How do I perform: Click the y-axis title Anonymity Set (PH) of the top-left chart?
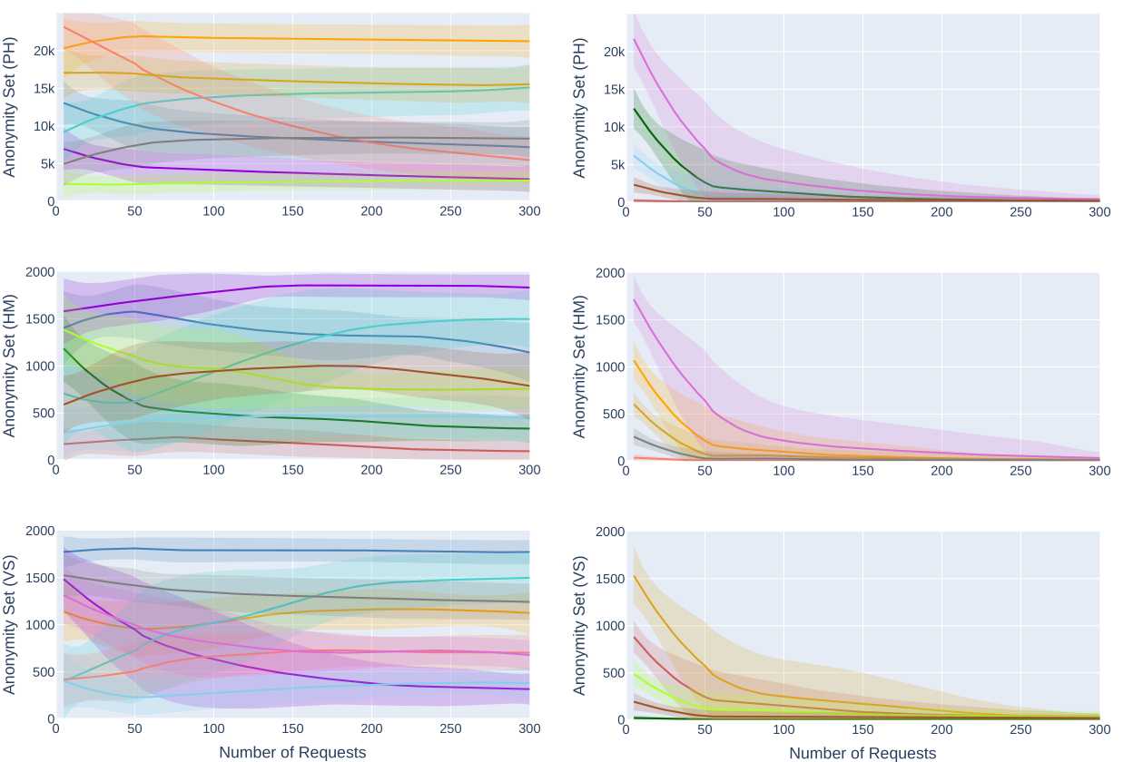click(x=10, y=107)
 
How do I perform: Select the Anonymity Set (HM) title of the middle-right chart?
click(x=580, y=366)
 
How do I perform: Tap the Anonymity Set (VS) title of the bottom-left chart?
click(x=10, y=625)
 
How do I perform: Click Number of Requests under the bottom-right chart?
click(x=862, y=753)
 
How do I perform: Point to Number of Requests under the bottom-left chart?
click(x=292, y=752)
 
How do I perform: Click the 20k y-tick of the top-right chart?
click(x=615, y=52)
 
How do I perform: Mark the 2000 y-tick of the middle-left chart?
click(x=40, y=272)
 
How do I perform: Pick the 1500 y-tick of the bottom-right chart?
click(x=610, y=579)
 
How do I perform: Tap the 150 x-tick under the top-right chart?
click(x=862, y=211)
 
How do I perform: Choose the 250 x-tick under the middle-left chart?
click(x=450, y=470)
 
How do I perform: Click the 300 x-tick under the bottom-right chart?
click(x=1099, y=728)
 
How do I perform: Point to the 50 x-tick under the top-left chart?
click(x=135, y=210)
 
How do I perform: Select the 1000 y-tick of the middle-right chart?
click(x=610, y=366)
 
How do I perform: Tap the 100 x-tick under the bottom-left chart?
click(x=214, y=728)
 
